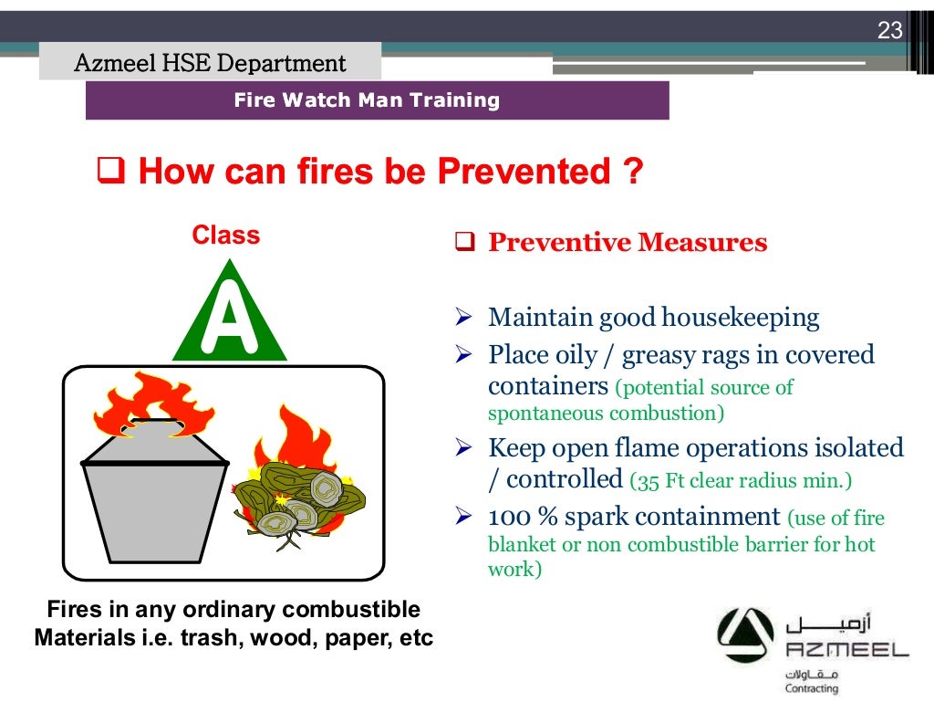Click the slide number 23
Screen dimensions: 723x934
889,31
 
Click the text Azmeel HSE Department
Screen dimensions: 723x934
210,63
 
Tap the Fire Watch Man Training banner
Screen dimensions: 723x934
367,100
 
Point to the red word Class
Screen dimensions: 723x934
225,236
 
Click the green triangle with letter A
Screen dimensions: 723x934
229,315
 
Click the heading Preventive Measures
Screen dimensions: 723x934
628,243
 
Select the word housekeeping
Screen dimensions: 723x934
740,318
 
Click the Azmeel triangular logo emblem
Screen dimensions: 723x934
747,637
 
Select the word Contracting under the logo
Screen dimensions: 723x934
811,687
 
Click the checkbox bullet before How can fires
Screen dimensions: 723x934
110,171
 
